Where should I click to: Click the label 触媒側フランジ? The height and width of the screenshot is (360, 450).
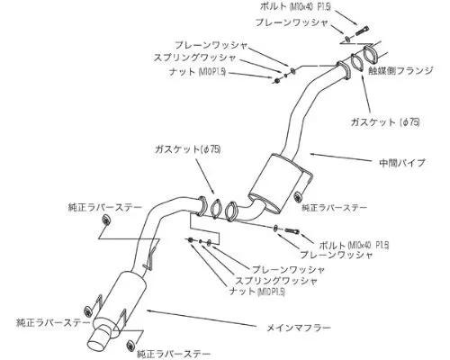point(401,71)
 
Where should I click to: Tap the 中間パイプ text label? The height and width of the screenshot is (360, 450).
point(402,162)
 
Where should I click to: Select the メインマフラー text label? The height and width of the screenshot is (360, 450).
point(300,328)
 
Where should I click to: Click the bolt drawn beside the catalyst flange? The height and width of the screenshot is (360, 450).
point(363,31)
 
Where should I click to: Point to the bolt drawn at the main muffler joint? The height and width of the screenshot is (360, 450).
point(291,230)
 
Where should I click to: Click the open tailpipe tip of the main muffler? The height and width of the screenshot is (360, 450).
point(98,340)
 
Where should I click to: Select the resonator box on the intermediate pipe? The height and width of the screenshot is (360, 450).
point(280,183)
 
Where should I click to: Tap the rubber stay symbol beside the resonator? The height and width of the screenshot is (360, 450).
point(298,197)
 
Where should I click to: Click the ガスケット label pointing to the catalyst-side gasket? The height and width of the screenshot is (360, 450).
point(385,121)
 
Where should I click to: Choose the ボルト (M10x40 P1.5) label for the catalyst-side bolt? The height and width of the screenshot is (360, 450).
point(295,6)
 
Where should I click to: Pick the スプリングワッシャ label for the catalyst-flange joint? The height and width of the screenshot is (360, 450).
point(195,58)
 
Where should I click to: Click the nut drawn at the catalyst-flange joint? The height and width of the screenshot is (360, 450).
point(277,80)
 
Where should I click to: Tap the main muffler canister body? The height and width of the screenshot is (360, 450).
point(125,297)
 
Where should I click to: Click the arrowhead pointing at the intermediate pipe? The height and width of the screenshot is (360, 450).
point(312,154)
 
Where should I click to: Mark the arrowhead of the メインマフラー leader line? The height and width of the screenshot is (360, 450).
point(149,310)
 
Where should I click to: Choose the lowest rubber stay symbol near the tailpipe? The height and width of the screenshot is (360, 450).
point(131,345)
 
